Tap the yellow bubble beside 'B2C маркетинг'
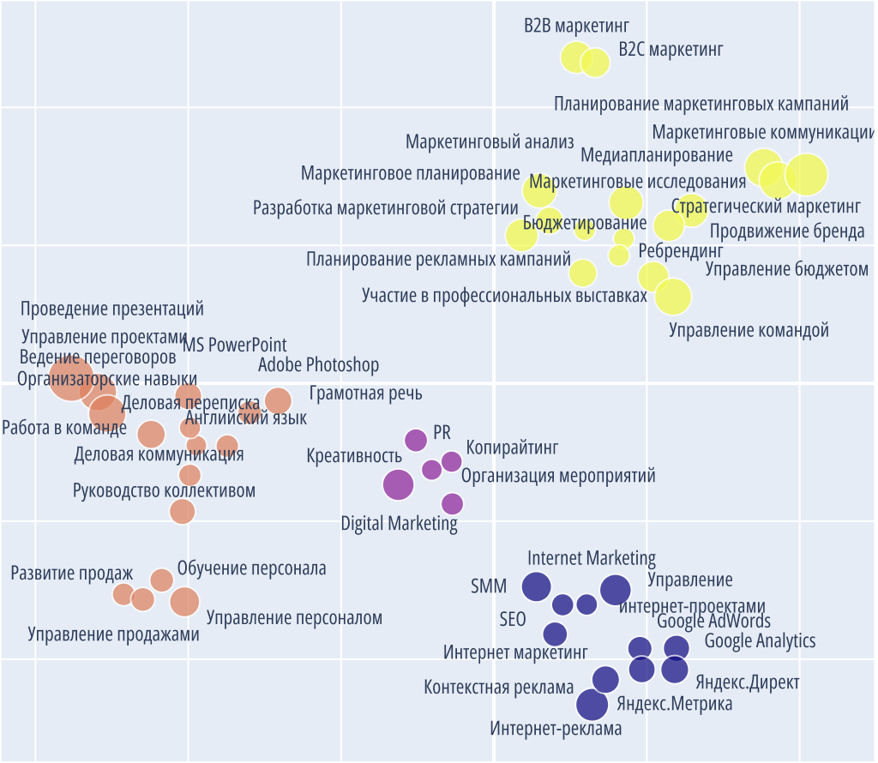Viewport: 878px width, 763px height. (x=595, y=62)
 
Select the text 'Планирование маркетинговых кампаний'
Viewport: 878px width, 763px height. (x=701, y=105)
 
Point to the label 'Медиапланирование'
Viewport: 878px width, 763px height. (x=657, y=155)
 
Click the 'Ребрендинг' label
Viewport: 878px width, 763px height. (x=681, y=251)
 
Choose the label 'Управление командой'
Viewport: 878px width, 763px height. (x=749, y=330)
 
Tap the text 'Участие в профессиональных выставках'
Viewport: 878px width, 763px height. (x=504, y=296)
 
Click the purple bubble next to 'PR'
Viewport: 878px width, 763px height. (x=416, y=440)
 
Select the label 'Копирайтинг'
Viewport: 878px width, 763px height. (x=512, y=448)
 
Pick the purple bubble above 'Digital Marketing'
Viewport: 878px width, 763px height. (x=452, y=504)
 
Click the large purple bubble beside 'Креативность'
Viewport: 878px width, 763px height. (x=398, y=484)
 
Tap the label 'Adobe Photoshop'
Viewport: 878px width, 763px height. (x=318, y=365)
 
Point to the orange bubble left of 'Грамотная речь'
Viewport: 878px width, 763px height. (x=278, y=400)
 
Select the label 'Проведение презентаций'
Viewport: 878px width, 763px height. (x=112, y=309)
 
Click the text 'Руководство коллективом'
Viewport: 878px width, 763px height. (x=164, y=491)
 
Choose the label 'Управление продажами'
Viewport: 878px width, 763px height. (x=113, y=634)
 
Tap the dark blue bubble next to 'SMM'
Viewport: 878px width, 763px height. (x=537, y=586)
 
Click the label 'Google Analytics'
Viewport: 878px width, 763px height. (x=760, y=640)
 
